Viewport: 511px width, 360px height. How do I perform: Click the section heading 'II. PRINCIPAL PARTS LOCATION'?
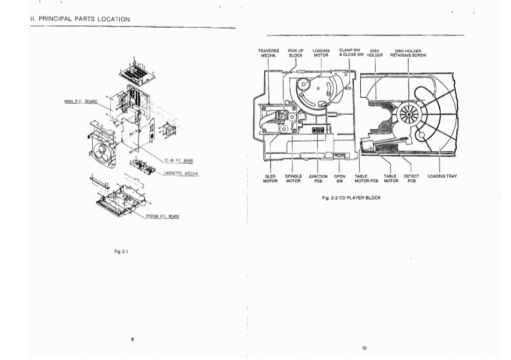pos(81,19)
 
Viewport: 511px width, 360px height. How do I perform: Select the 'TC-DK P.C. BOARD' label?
pos(180,160)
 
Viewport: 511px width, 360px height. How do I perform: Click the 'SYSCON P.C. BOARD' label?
pos(161,216)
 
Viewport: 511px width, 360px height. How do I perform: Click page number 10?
pos(363,348)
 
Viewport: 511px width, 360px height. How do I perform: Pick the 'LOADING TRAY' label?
pos(442,176)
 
